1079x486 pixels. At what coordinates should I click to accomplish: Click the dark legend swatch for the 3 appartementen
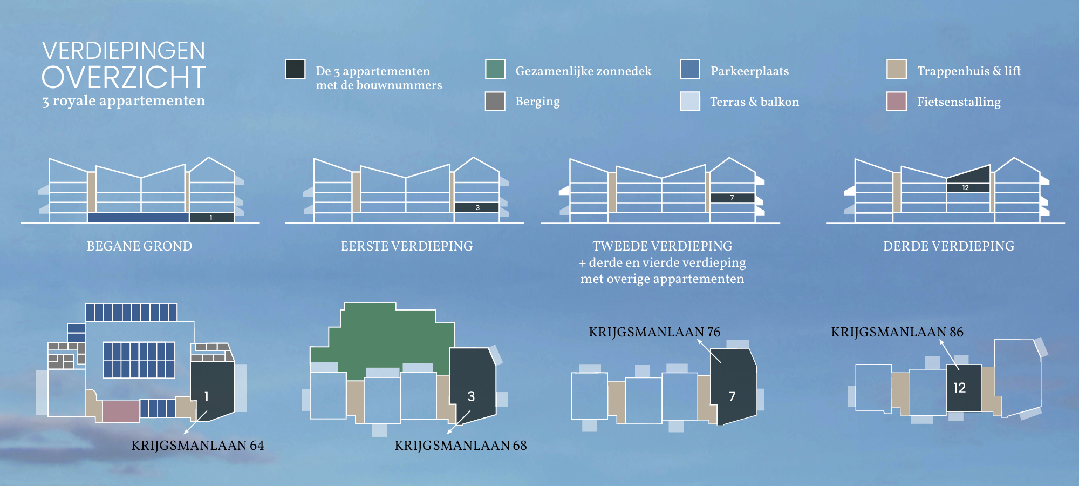pos(295,69)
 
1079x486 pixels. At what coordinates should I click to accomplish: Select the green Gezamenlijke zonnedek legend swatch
pos(495,69)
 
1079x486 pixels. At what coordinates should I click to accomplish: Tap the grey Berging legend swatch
pos(495,101)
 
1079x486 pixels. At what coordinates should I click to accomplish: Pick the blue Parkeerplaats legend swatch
pos(690,69)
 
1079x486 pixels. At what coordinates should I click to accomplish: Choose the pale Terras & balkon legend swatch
pos(690,101)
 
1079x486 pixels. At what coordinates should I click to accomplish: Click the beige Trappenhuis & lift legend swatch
pos(897,69)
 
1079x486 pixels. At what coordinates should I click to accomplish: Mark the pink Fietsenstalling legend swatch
pos(897,101)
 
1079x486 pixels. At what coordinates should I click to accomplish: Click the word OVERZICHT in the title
pos(124,77)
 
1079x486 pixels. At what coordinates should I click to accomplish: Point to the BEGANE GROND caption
pos(140,246)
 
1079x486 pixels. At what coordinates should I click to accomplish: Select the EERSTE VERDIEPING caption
pos(407,246)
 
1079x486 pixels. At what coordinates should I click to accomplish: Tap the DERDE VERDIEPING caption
pos(949,246)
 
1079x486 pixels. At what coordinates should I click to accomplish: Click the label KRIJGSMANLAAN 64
pos(198,446)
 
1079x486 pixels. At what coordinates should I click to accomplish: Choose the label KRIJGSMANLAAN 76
pos(654,332)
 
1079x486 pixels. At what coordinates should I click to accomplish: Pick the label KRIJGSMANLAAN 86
pos(897,332)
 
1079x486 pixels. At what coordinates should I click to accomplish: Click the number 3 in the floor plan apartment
pos(471,396)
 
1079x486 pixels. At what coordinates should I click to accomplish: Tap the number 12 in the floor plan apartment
pos(959,388)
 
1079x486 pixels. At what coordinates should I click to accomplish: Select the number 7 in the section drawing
pos(732,198)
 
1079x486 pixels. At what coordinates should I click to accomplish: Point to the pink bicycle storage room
pos(121,411)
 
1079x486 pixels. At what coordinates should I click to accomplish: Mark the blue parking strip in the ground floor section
pos(138,218)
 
